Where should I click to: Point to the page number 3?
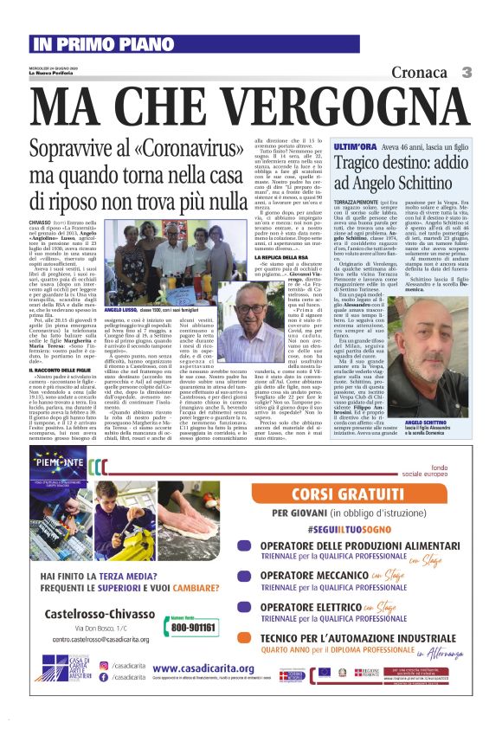click(466, 73)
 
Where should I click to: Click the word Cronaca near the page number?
click(419, 73)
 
